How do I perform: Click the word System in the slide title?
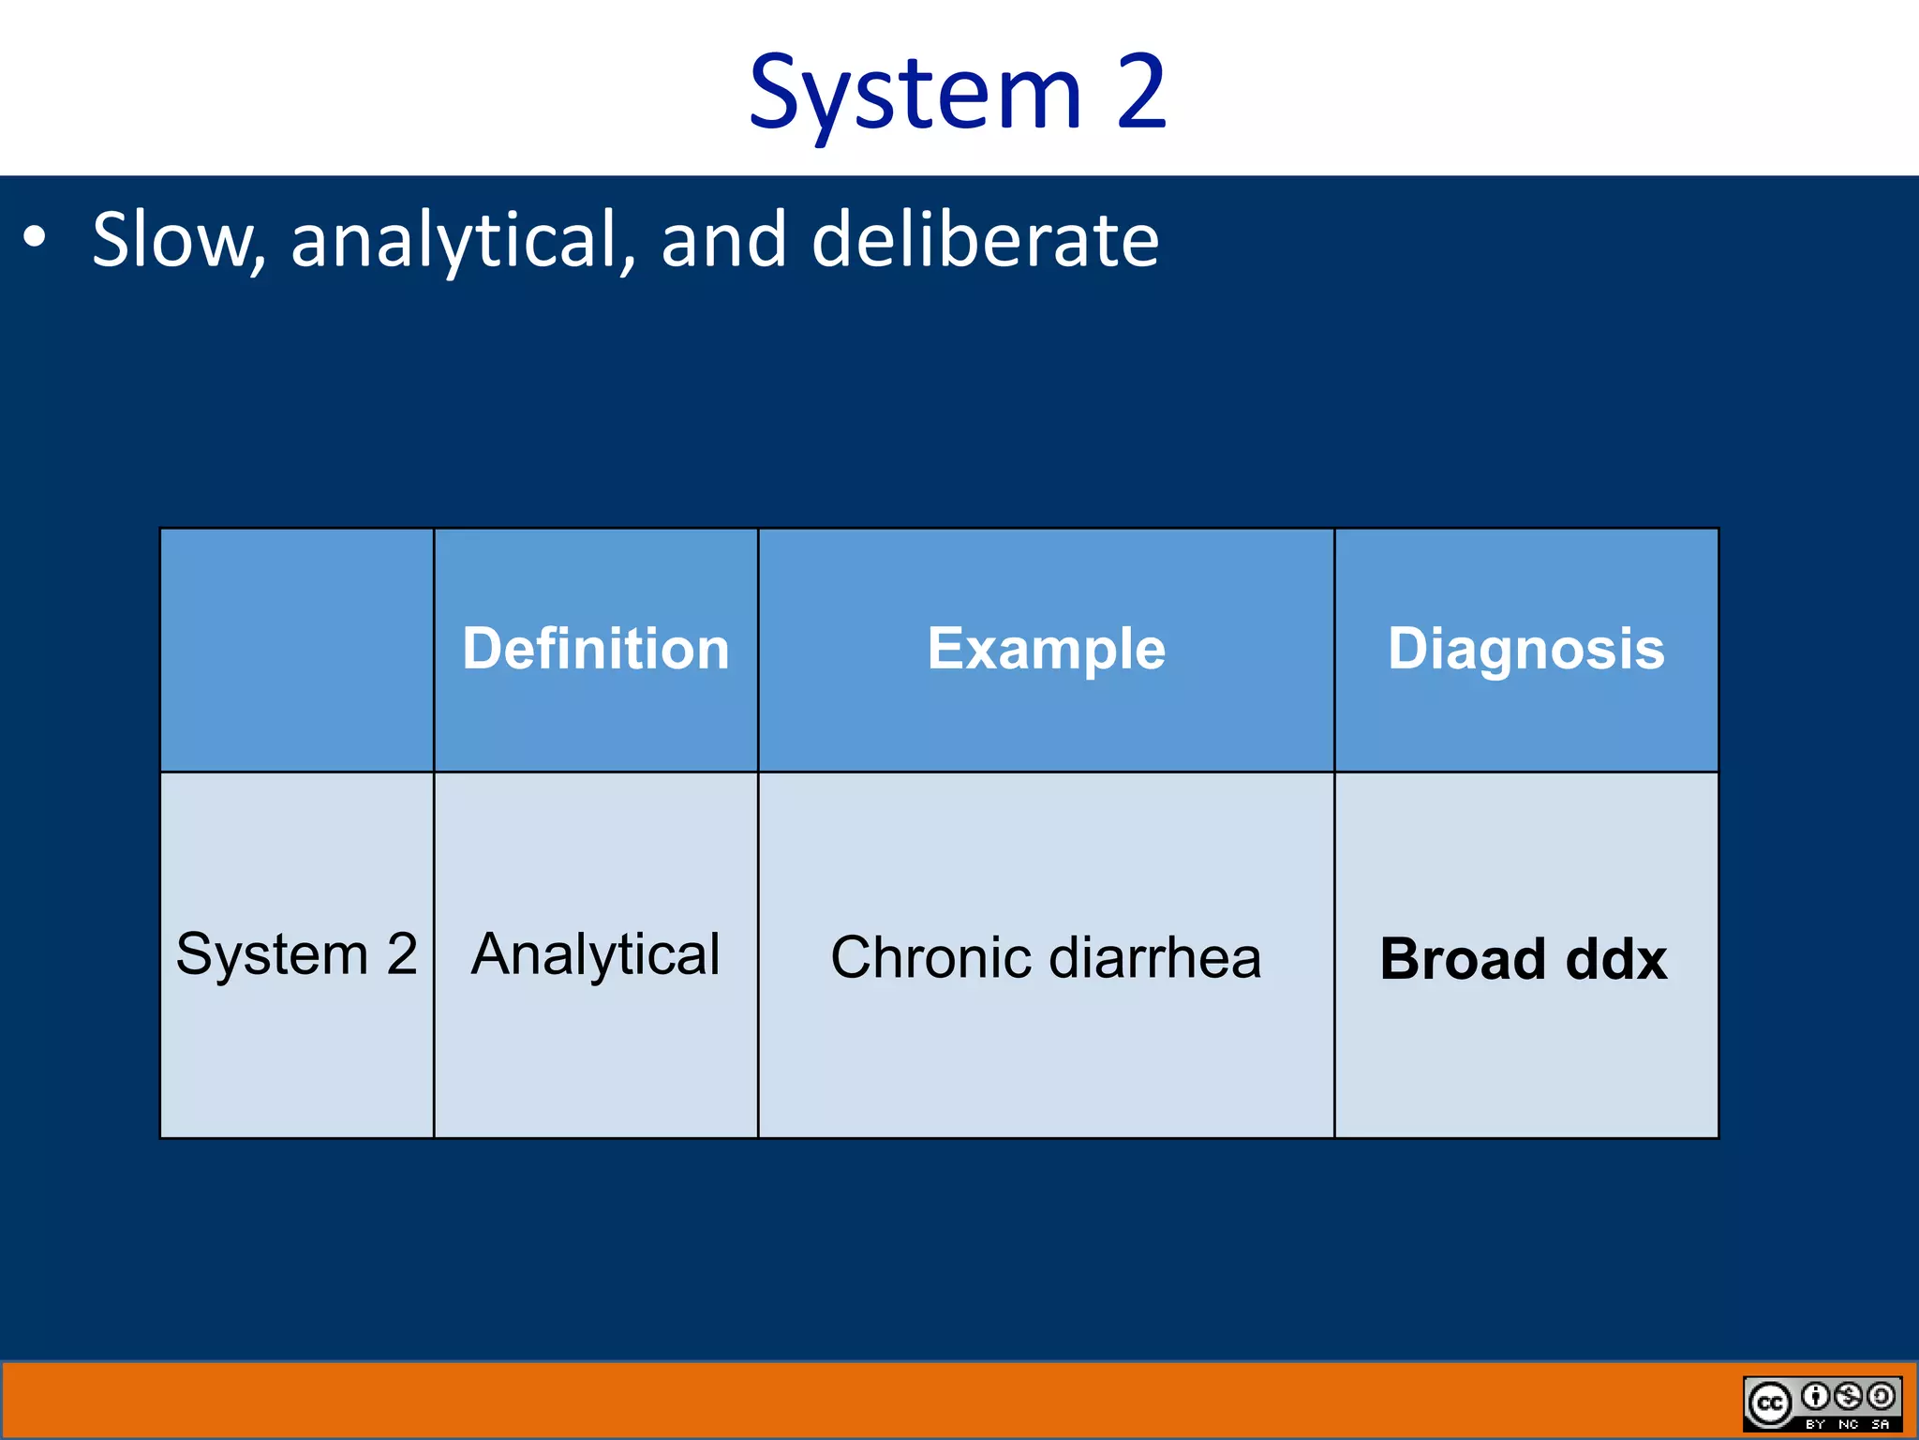(x=915, y=94)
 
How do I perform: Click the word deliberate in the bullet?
(x=984, y=240)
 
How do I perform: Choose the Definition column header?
(x=596, y=649)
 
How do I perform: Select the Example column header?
(x=1046, y=649)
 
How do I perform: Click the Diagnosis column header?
(x=1525, y=649)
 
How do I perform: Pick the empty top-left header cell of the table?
(x=296, y=650)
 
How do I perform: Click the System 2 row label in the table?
(x=296, y=954)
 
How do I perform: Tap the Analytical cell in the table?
(x=596, y=954)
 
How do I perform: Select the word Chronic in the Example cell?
(x=931, y=958)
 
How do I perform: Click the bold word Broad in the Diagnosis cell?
(x=1463, y=959)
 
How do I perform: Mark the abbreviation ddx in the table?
(x=1616, y=959)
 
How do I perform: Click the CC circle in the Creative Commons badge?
(x=1769, y=1403)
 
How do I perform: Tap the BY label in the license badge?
(x=1816, y=1424)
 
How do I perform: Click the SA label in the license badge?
(x=1880, y=1424)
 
